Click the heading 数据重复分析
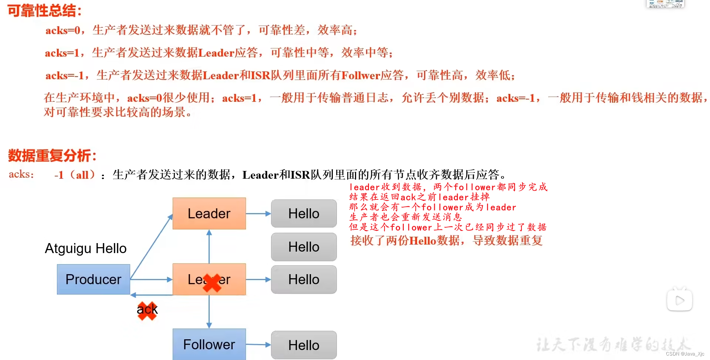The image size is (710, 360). coord(52,155)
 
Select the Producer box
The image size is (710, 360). coord(93,279)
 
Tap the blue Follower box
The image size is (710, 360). coord(209,344)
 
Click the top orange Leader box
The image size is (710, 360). coord(209,213)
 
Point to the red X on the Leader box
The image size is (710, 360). coord(212,283)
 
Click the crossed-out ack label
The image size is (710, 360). coord(147,309)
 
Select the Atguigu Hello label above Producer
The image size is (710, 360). coord(85,248)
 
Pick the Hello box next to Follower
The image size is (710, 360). coord(304,345)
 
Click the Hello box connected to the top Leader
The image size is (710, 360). coord(304,213)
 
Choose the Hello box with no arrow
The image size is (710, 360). coord(304,247)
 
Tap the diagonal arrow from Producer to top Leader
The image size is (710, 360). coord(152,246)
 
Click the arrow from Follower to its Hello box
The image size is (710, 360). coord(258,344)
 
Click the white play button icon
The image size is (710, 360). coord(679,300)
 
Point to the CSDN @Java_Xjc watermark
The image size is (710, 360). coord(685,354)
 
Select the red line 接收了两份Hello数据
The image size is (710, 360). coord(446,240)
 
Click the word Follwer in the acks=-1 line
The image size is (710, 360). coord(361,75)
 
